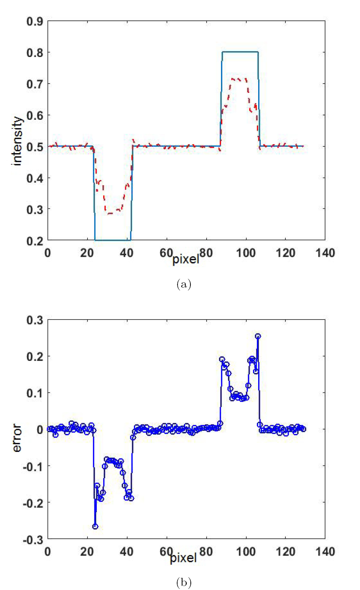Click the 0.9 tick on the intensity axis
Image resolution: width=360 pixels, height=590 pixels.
click(34, 22)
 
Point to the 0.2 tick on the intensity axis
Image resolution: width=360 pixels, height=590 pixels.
click(34, 241)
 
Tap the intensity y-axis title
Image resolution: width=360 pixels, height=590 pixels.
click(17, 141)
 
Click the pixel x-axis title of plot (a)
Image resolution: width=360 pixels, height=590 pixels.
click(186, 259)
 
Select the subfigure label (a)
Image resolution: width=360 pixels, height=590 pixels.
click(184, 284)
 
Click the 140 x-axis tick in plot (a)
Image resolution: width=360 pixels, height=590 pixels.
click(325, 253)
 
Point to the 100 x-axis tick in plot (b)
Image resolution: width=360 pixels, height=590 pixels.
click(246, 551)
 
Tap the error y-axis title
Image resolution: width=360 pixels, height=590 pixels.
click(17, 438)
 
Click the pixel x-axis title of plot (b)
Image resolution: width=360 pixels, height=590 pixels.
click(183, 557)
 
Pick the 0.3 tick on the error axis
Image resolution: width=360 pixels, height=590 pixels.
click(34, 320)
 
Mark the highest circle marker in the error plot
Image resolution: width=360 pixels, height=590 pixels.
click(258, 336)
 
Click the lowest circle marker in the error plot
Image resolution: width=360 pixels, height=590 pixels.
click(95, 527)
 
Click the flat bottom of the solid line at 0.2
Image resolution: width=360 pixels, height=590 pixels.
click(113, 240)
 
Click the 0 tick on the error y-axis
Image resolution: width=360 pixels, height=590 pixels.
click(39, 430)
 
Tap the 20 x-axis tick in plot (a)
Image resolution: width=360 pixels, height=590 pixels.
click(87, 253)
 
